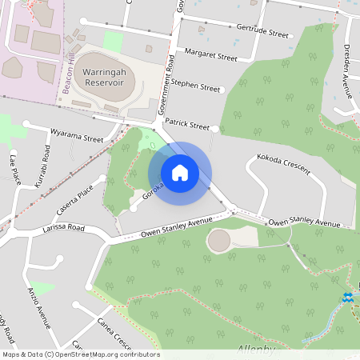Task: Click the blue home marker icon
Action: (x=180, y=173)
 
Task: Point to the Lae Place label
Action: (x=14, y=170)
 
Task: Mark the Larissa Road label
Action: (x=64, y=228)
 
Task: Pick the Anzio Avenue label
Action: (x=39, y=307)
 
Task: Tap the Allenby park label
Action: (x=256, y=350)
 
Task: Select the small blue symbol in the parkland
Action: (x=348, y=298)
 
